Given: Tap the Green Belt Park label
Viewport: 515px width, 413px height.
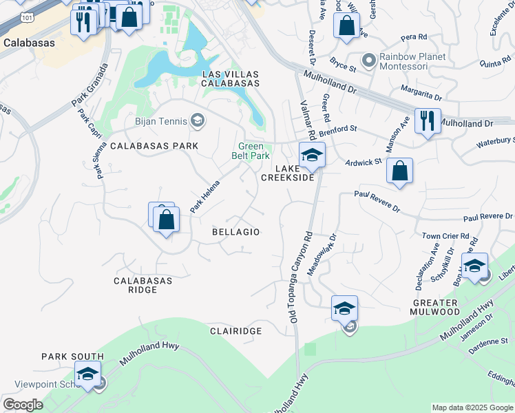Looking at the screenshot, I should pos(253,151).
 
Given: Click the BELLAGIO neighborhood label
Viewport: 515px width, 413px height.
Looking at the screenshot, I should pos(235,232).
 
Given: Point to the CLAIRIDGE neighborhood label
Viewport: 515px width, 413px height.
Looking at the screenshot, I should pos(235,331).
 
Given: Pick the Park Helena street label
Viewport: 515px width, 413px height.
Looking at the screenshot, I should pos(205,196).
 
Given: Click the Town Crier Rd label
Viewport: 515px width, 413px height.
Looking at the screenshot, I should pos(445,235).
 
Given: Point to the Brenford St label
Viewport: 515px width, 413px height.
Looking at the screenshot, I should pos(338,128).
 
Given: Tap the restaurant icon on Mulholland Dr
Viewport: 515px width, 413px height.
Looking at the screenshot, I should pos(428,122).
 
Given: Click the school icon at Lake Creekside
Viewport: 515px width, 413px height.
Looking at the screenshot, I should pos(311,155).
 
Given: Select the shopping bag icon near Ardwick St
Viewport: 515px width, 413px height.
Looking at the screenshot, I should pos(399,170).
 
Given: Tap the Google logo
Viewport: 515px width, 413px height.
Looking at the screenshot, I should pos(23,405).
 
